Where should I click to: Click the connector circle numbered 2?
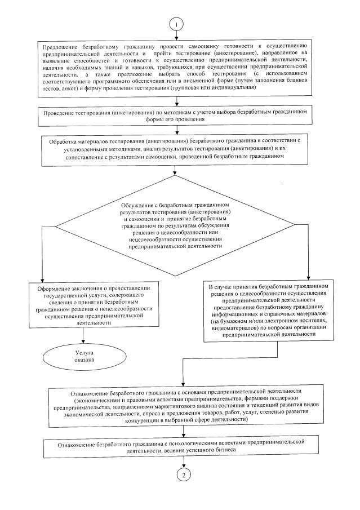(184, 474)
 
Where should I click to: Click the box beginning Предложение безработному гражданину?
(177, 66)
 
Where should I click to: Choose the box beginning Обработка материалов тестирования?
(177, 147)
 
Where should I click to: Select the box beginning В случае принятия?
(276, 310)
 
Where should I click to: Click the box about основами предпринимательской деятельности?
(182, 405)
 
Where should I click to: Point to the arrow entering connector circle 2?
(184, 462)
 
